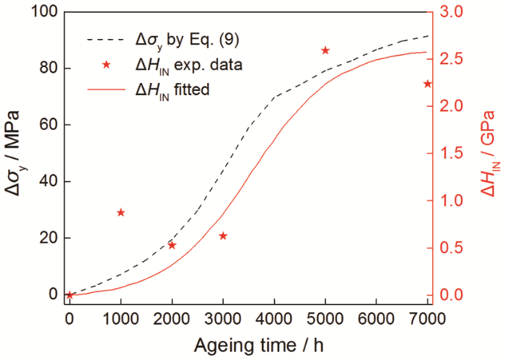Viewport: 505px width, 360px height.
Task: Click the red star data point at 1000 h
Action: pos(120,212)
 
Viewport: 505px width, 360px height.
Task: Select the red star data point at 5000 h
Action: pos(325,50)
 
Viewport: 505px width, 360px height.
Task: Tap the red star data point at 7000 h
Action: pos(427,84)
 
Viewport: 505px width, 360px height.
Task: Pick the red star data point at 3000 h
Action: pos(223,236)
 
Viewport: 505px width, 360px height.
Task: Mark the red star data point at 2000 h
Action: pos(172,245)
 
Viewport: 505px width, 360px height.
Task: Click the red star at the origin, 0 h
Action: pos(69,295)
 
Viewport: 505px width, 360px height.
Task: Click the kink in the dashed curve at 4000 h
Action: pos(274,97)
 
